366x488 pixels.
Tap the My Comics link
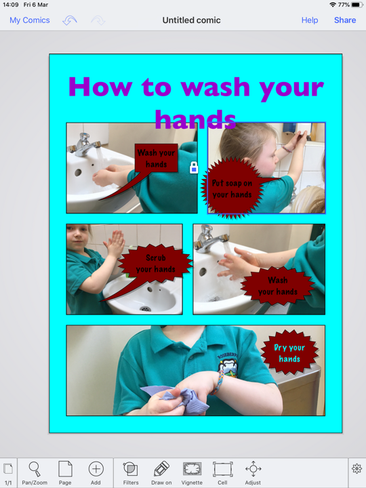(x=30, y=20)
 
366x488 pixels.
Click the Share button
(x=345, y=20)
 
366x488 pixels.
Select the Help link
(x=310, y=20)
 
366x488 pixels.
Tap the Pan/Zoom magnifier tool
(x=35, y=469)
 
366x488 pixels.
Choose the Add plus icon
(x=96, y=469)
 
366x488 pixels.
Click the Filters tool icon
(x=130, y=469)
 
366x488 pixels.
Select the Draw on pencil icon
(x=161, y=469)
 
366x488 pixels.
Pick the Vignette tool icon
(x=192, y=469)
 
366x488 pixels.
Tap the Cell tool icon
(x=222, y=469)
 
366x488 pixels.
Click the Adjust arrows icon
(x=253, y=469)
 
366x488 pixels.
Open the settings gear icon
(x=357, y=469)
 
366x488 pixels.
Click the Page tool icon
(x=65, y=469)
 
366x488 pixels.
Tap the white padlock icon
(x=194, y=167)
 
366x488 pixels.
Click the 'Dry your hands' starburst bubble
(x=289, y=352)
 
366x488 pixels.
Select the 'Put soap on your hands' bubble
(x=232, y=188)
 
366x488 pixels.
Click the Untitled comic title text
(x=191, y=20)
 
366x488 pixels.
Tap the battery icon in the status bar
(x=357, y=5)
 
